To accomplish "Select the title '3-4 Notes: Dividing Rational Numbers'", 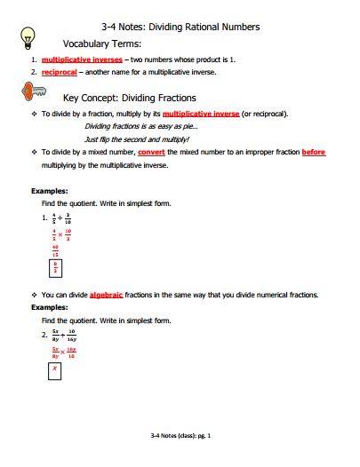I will tap(181, 28).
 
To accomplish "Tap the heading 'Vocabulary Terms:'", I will tap(101, 43).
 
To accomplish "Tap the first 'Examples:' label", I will tap(49, 190).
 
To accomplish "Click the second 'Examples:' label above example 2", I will tap(49, 306).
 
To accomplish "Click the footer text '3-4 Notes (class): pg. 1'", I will tap(180, 436).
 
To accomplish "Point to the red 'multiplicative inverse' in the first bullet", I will tap(201, 115).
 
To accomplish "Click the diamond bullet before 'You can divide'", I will tap(33, 294).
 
